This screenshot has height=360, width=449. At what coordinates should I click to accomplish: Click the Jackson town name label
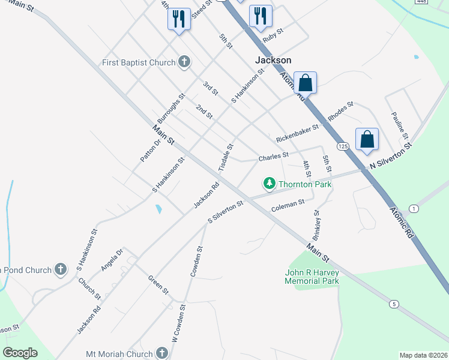(273, 60)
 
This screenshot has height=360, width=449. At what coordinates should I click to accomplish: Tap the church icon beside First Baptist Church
(184, 62)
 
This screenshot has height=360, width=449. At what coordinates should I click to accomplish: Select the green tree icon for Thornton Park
(270, 183)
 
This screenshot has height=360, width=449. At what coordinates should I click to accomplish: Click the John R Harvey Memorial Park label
(312, 277)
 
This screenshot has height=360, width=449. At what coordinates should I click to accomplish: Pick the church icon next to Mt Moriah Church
(161, 353)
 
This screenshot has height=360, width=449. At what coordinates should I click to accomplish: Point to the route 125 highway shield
(343, 146)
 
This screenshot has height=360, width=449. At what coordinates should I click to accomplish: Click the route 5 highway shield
(394, 304)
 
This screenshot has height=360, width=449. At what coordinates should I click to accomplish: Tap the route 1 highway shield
(414, 208)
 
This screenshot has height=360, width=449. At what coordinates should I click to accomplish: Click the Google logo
(20, 353)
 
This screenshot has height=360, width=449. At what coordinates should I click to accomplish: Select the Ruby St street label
(273, 37)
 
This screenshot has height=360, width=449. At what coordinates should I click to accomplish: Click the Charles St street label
(273, 158)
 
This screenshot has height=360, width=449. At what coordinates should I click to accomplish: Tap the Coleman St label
(288, 205)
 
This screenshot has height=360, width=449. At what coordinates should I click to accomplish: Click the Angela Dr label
(112, 259)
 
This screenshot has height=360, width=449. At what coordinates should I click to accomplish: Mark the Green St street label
(158, 284)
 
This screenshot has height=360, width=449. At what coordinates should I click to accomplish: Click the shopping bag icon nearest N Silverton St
(367, 139)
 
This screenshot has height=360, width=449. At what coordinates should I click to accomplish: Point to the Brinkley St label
(316, 224)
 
